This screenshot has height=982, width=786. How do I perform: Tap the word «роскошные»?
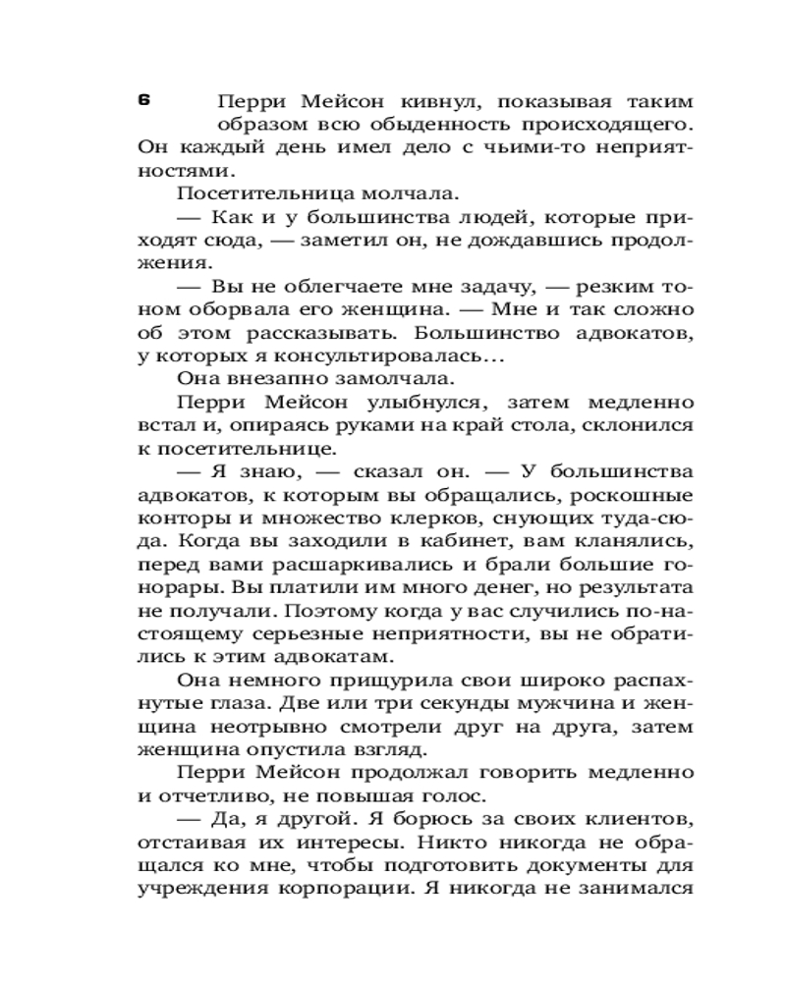tap(631, 495)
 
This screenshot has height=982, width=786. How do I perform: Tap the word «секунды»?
tap(435, 704)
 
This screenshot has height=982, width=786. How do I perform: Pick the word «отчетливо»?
tap(212, 796)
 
